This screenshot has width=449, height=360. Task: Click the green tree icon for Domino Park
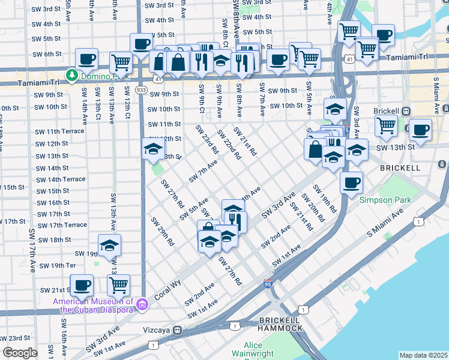[72, 75]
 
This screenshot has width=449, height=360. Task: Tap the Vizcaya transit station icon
[178, 330]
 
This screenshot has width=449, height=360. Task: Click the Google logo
[20, 353]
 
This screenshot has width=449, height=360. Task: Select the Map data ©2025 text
[423, 355]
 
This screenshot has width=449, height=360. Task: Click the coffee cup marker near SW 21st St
[82, 285]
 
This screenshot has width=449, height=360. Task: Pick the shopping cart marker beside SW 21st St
[119, 285]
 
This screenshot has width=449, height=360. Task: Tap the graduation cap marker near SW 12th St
[154, 149]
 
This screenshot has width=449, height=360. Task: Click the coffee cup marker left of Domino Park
[87, 59]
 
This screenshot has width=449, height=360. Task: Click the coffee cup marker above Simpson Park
[351, 182]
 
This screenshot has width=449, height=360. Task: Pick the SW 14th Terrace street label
[60, 179]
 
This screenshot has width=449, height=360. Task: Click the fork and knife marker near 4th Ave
[235, 220]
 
